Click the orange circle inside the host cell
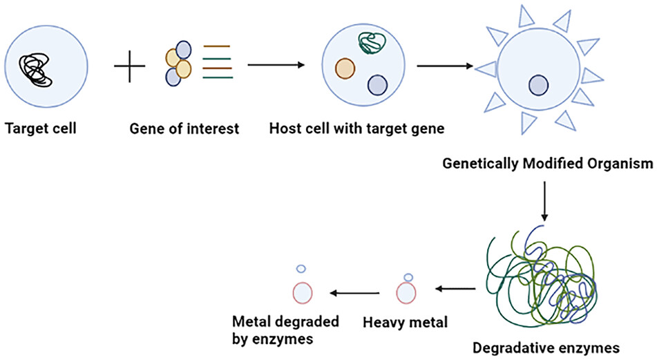[x=344, y=68]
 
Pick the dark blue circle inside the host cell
[x=377, y=84]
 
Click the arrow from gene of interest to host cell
[x=276, y=66]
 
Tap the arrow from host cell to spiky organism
[x=446, y=66]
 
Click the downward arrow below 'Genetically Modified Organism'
[x=545, y=200]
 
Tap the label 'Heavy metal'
[x=406, y=321]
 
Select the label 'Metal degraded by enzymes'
[x=276, y=330]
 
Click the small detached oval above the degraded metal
[x=301, y=268]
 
